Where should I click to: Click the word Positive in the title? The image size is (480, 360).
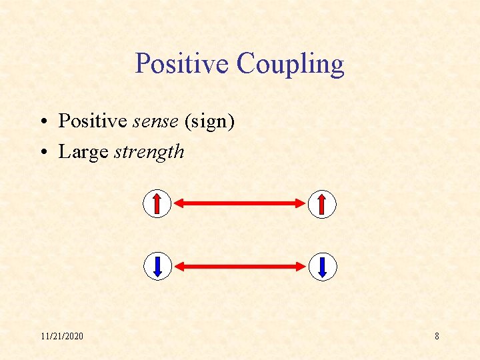point(182,64)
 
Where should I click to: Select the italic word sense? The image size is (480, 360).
point(157,121)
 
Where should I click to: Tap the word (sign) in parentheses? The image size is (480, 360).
point(209,122)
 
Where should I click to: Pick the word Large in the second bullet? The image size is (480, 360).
point(83,152)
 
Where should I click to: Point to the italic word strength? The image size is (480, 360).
point(149,152)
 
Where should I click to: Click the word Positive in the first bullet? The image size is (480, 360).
point(93,121)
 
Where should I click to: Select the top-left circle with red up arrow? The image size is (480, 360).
point(157,204)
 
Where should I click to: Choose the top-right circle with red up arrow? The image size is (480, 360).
point(323,204)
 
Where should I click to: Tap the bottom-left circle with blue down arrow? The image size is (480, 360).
point(157,267)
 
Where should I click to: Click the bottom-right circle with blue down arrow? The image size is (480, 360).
point(323,267)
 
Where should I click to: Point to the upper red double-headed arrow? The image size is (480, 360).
point(240,204)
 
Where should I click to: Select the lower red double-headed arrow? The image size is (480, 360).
point(240,267)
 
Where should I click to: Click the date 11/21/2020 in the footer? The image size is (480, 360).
point(61,336)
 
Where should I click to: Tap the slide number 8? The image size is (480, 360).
point(437,336)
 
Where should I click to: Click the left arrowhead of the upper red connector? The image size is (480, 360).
point(181,204)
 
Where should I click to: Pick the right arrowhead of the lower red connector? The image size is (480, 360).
point(299,267)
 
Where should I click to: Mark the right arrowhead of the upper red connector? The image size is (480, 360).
point(299,204)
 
